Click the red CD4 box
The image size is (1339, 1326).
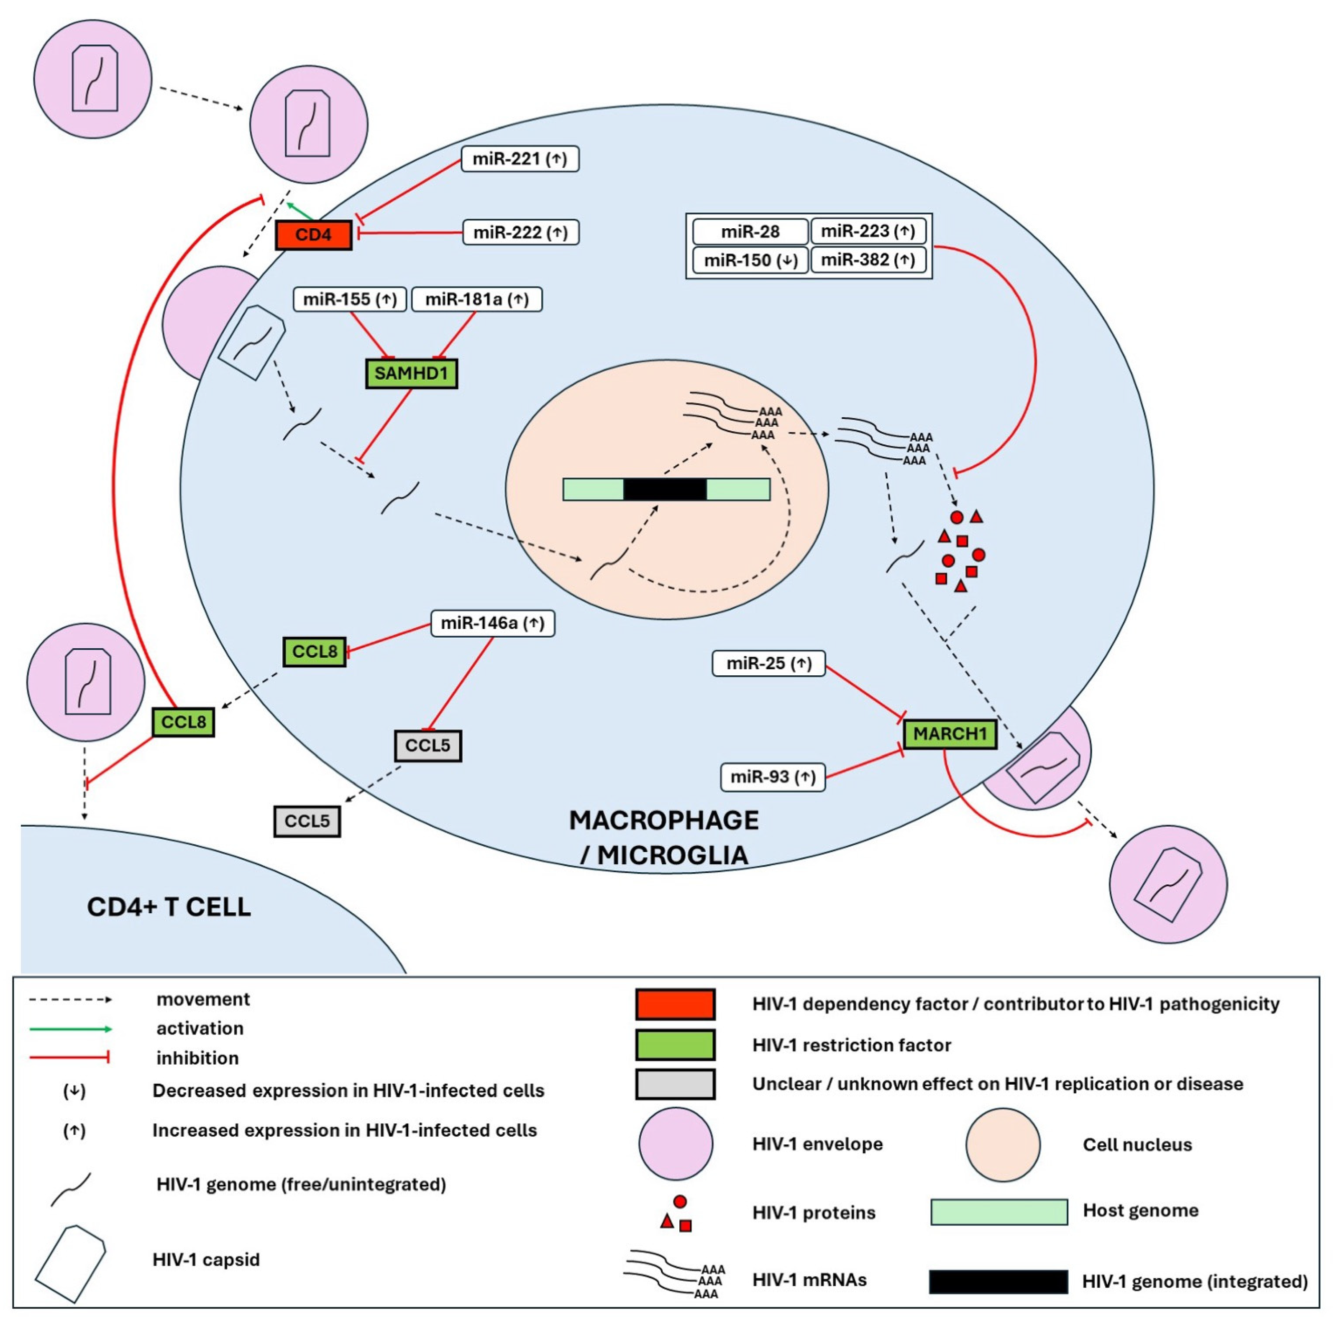tap(313, 235)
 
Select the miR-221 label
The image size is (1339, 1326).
tap(520, 158)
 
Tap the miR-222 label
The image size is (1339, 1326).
tap(520, 232)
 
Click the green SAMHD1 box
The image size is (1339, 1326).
tap(411, 373)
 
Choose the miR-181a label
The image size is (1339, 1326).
tap(477, 299)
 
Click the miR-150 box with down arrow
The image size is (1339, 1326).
tap(750, 261)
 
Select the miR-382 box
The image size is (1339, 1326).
tap(868, 260)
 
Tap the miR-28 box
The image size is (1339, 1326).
tap(750, 231)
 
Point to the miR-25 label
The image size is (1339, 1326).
tap(768, 663)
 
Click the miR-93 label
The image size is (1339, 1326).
tap(772, 777)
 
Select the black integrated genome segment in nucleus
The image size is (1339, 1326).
tap(665, 489)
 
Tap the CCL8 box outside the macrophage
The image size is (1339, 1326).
tap(183, 722)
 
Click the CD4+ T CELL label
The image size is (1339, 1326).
tap(169, 907)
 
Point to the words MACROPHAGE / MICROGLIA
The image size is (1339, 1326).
tap(663, 837)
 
